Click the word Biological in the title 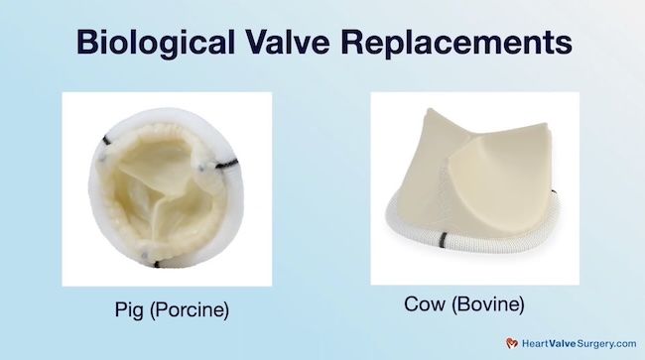click(157, 44)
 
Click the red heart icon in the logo click(512, 340)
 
